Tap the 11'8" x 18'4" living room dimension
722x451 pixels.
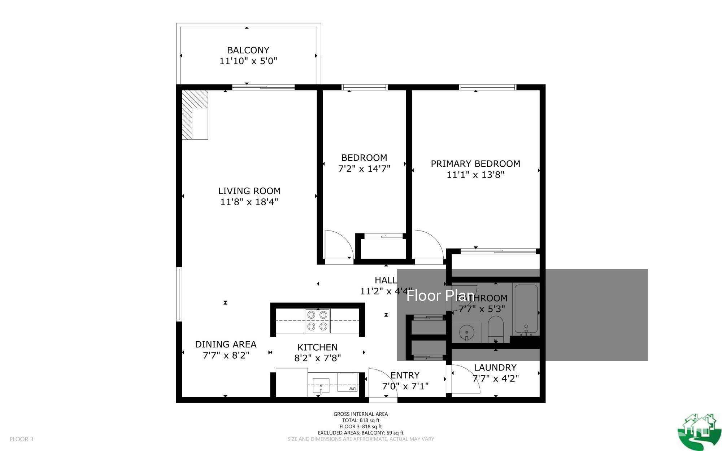coord(249,202)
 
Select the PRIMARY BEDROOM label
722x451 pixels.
coord(475,164)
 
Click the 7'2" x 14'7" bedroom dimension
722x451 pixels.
coord(364,168)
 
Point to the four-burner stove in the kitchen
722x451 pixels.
coord(318,320)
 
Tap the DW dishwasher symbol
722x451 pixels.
coord(352,389)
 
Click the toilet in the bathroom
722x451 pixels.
coord(496,328)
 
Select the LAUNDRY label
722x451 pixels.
coord(495,368)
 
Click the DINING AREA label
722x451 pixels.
coord(226,344)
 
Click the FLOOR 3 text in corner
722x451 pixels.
coord(21,439)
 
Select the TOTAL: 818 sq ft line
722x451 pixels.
coord(361,420)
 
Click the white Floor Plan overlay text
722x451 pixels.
coord(440,296)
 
